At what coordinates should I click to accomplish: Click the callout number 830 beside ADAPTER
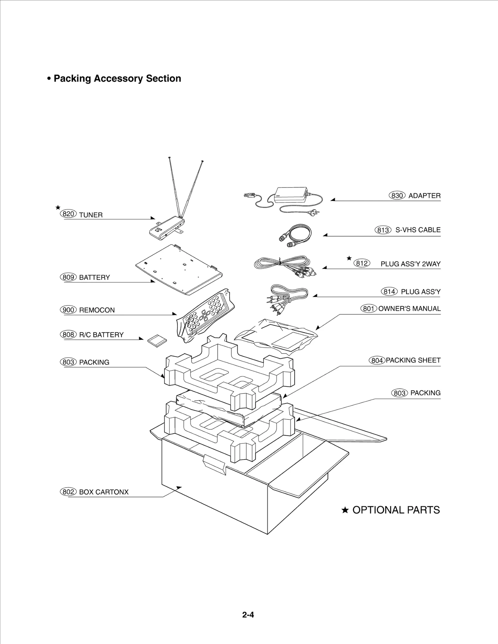pos(397,196)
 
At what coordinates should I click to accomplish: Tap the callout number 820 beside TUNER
pos(68,214)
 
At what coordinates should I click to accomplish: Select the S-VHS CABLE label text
pos(418,230)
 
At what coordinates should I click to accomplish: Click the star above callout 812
pos(349,258)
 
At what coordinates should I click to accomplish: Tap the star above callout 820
pos(58,207)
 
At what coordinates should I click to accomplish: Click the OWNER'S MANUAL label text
pos(409,309)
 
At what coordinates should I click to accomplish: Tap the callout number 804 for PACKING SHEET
pos(377,360)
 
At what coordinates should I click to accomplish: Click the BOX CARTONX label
pos(104,492)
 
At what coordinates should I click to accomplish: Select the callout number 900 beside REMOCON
pos(68,310)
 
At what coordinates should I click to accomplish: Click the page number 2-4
pos(248,615)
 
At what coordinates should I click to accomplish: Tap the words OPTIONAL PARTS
pos(396,510)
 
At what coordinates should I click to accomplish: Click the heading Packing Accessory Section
pos(117,78)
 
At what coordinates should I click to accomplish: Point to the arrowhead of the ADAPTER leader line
pos(332,200)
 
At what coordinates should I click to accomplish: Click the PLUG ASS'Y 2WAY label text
pos(410,264)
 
